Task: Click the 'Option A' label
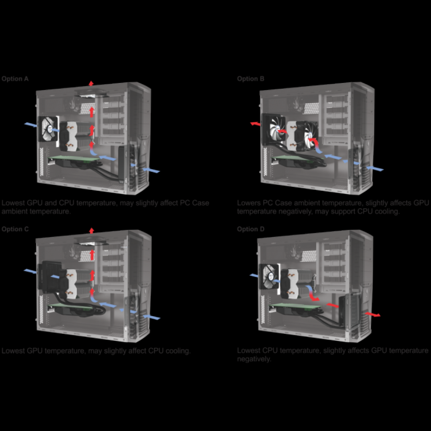click(x=15, y=79)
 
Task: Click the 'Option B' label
click(x=251, y=79)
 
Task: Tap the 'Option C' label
click(x=15, y=229)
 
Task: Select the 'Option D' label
click(x=251, y=229)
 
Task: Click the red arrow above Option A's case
click(x=91, y=83)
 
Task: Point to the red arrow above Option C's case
click(x=91, y=231)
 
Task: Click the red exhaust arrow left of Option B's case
click(x=255, y=124)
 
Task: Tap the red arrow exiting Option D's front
click(x=372, y=314)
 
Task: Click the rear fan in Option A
click(x=48, y=129)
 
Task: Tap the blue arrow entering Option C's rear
click(x=30, y=271)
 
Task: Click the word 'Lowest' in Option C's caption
click(x=13, y=351)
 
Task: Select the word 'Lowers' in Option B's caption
click(x=249, y=203)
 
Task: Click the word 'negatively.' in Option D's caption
click(x=254, y=359)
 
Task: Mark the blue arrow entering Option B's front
click(x=375, y=168)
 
